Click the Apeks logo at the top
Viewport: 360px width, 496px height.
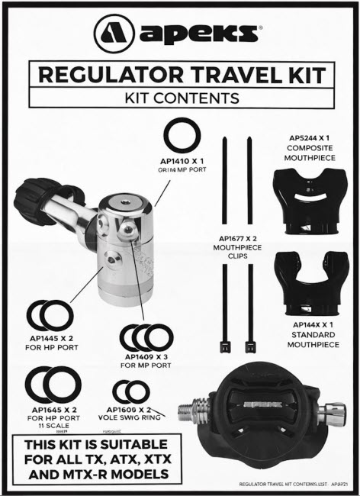coord(180,34)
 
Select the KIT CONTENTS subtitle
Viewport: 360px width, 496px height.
coord(181,98)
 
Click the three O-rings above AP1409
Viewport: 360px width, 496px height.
coord(147,336)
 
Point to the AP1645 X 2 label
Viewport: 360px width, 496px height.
coord(53,409)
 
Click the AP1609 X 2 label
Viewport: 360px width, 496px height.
coord(137,409)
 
